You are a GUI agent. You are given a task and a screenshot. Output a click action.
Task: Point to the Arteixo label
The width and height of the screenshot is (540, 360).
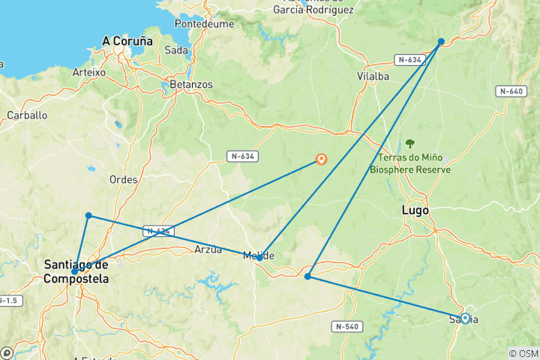click(90, 72)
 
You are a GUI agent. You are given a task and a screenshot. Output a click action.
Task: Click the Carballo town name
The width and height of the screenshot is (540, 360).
click(27, 115)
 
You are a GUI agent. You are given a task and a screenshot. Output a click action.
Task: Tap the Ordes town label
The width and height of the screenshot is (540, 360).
click(123, 179)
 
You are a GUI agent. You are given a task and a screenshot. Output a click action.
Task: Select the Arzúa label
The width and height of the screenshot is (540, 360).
click(208, 249)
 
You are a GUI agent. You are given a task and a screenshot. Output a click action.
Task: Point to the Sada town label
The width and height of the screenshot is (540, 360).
click(176, 51)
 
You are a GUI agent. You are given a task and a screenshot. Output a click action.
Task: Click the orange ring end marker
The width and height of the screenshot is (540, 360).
click(322, 159)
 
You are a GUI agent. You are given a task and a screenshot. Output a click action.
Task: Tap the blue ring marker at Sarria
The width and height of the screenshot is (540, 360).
click(465, 318)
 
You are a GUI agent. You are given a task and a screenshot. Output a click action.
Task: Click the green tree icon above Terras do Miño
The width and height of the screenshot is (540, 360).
click(410, 142)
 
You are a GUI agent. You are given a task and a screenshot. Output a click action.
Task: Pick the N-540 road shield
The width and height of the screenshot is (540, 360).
click(347, 326)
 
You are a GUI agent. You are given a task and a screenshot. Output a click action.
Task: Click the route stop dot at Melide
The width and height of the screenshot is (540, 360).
click(259, 257)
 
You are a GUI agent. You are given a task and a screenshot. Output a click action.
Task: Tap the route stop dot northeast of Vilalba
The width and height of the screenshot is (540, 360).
click(441, 41)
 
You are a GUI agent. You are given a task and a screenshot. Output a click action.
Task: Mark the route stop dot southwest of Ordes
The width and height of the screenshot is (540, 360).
click(88, 216)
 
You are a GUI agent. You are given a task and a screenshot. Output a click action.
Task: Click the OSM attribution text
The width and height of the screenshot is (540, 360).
click(523, 353)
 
